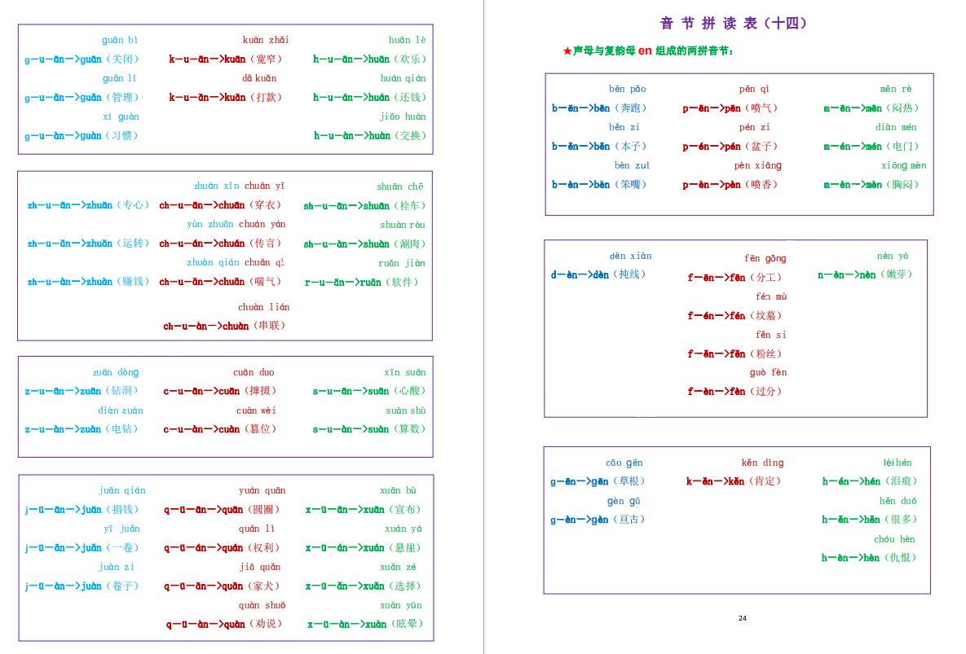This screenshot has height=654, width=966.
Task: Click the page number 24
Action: click(x=742, y=618)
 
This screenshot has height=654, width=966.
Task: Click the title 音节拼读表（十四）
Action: click(x=734, y=24)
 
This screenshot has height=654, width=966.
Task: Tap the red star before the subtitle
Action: click(x=567, y=51)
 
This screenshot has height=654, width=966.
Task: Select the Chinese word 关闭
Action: click(x=124, y=59)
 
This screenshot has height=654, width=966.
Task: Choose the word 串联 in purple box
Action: click(x=271, y=326)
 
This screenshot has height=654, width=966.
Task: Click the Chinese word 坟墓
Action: click(x=767, y=316)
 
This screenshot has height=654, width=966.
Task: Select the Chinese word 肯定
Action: click(x=766, y=481)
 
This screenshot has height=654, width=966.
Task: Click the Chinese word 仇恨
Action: click(x=902, y=558)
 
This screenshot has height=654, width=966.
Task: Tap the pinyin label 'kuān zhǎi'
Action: click(x=266, y=40)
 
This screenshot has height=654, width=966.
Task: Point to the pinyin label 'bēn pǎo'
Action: click(x=627, y=89)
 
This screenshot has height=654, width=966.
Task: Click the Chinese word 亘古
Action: click(x=629, y=520)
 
